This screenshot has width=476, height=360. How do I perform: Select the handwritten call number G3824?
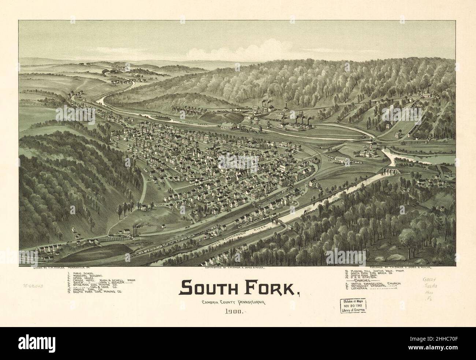(429, 282)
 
